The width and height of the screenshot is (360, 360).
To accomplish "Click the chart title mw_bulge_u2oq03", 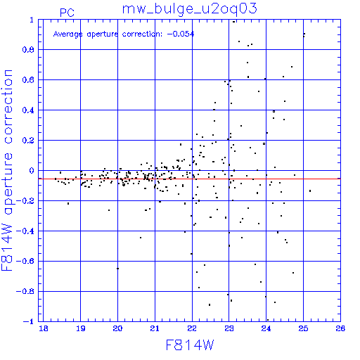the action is [190, 9].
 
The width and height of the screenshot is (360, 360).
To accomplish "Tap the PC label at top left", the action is [67, 13].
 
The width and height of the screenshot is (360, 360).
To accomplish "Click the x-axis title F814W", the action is [190, 345].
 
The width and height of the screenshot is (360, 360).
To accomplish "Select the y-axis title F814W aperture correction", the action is [7, 170].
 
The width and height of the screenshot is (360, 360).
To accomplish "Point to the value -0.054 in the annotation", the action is [181, 34].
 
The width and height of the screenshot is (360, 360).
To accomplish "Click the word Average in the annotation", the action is [67, 34].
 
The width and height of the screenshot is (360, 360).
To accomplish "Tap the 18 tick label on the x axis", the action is [44, 328].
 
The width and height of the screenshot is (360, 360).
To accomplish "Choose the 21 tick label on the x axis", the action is [155, 328].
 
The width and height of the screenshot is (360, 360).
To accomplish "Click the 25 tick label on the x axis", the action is [303, 328].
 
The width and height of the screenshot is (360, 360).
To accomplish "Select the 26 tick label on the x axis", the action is [340, 328].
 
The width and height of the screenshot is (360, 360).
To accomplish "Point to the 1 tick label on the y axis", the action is [32, 20].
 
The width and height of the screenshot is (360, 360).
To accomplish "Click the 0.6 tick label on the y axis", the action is [28, 80].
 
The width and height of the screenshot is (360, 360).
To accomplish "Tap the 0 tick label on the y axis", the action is [32, 171].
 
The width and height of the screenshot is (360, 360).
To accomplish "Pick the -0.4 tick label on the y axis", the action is [25, 231].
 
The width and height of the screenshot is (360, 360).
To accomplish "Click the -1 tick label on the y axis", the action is [29, 321].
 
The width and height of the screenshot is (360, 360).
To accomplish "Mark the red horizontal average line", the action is [189, 179].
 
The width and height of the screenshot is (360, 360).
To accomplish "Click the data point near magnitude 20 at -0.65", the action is [117, 269].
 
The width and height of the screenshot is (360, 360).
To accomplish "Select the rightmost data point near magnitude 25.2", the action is [310, 191].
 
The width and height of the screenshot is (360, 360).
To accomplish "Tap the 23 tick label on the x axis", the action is [229, 328].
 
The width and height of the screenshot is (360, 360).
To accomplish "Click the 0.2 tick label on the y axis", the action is [28, 141].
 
